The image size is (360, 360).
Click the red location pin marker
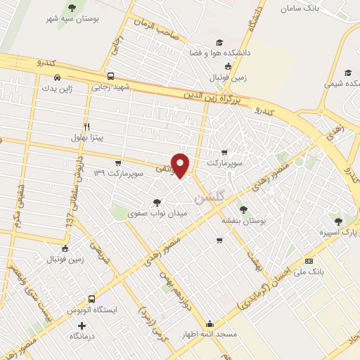tap(181, 165)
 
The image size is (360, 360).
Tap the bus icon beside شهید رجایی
tap(110, 77)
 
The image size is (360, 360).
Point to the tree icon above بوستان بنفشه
tap(243, 209)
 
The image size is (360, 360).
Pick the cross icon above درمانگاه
tap(82, 326)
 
